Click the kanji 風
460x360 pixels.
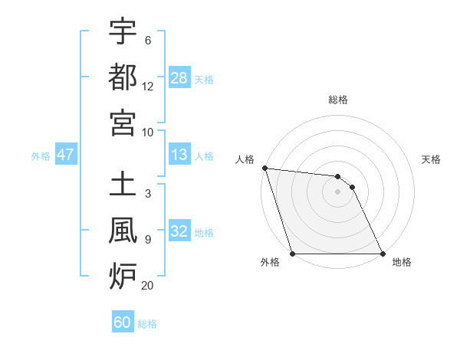[123, 230]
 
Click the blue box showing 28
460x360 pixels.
[179, 78]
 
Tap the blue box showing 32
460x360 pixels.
[179, 232]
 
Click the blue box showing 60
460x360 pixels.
[123, 322]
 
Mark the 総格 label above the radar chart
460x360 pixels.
[337, 100]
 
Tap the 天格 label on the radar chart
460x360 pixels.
[431, 159]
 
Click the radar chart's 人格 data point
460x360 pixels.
[264, 168]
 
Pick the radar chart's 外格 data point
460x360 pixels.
[292, 254]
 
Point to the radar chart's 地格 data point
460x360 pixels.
[383, 254]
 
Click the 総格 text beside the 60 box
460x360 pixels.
[147, 323]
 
